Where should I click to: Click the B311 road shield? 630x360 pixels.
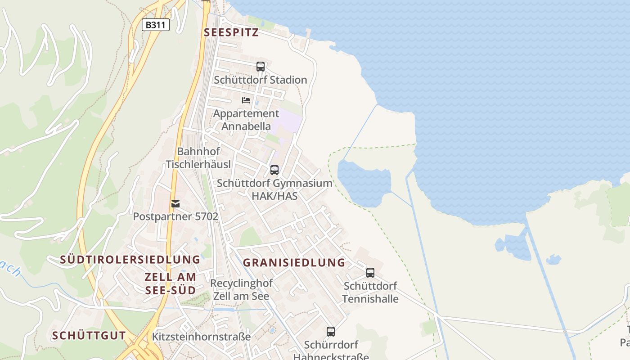tap(156, 25)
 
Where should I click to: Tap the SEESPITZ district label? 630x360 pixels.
tap(231, 32)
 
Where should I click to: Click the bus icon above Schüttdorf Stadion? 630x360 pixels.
tap(261, 67)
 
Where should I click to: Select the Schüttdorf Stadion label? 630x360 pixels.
tap(261, 80)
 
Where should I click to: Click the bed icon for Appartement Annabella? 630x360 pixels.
tap(246, 100)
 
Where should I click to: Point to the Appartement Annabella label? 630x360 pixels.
tap(246, 120)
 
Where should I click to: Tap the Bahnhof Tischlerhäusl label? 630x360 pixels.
tap(198, 158)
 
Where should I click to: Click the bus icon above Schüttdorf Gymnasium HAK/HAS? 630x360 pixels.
tap(274, 170)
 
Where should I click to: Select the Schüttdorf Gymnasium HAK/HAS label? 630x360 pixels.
tap(274, 189)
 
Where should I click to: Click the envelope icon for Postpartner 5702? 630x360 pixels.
tap(175, 204)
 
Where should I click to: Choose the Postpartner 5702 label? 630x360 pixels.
tap(175, 216)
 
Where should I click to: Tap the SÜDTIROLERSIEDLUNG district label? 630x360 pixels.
tap(130, 260)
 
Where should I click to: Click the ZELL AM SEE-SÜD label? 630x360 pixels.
tap(171, 283)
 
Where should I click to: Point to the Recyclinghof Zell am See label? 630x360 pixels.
tap(241, 290)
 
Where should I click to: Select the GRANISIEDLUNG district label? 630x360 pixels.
tap(294, 263)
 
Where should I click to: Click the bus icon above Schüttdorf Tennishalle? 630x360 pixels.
tap(370, 273)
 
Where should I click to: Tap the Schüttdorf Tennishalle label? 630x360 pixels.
tap(370, 292)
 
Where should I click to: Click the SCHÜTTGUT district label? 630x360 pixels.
tap(89, 336)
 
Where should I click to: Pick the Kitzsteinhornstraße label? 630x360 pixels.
tap(201, 337)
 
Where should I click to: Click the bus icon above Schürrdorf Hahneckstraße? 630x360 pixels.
tap(331, 332)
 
